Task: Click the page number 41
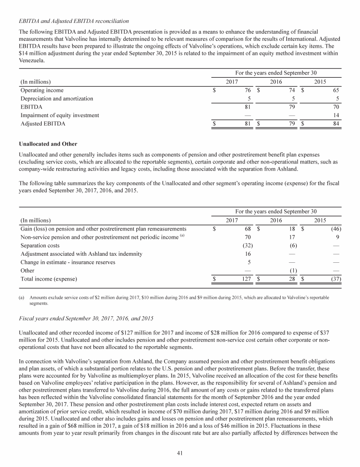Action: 180,452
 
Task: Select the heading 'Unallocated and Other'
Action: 48,143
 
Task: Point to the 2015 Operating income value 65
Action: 336,90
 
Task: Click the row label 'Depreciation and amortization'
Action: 57,99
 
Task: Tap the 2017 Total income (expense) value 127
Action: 247,279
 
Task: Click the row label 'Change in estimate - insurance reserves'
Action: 68,262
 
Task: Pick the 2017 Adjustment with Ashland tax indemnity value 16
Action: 249,254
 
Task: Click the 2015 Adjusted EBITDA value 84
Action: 336,124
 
